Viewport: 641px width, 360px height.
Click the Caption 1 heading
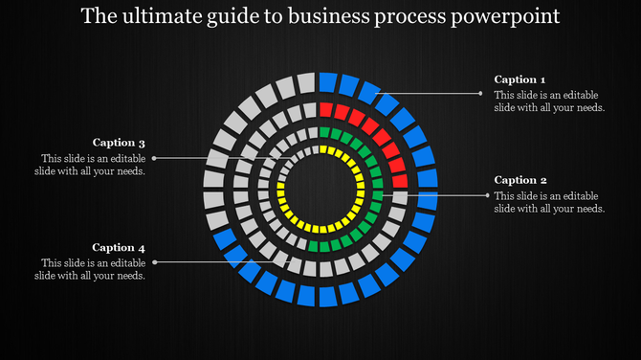(519, 79)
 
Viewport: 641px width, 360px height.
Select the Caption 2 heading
(520, 180)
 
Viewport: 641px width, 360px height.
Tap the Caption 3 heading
(119, 143)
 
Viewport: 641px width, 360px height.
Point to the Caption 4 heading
(119, 247)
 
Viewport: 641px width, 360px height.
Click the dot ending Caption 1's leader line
(481, 93)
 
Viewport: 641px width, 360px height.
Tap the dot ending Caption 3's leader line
(154, 158)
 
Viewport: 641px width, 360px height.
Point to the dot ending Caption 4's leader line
(154, 261)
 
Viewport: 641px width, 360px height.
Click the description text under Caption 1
(549, 101)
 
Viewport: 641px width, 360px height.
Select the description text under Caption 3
(92, 165)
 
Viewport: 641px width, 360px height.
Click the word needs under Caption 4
(127, 276)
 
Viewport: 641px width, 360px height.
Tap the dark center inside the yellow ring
(320, 190)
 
